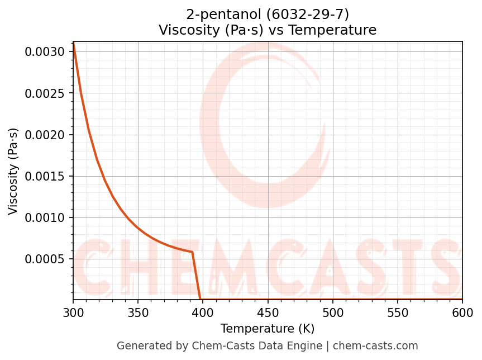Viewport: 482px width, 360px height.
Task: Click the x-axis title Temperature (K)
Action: (x=268, y=329)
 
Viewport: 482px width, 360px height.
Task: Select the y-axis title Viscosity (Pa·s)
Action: (x=13, y=171)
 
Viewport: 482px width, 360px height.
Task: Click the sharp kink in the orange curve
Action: (x=192, y=252)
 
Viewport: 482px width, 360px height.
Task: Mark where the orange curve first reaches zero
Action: (x=201, y=300)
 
